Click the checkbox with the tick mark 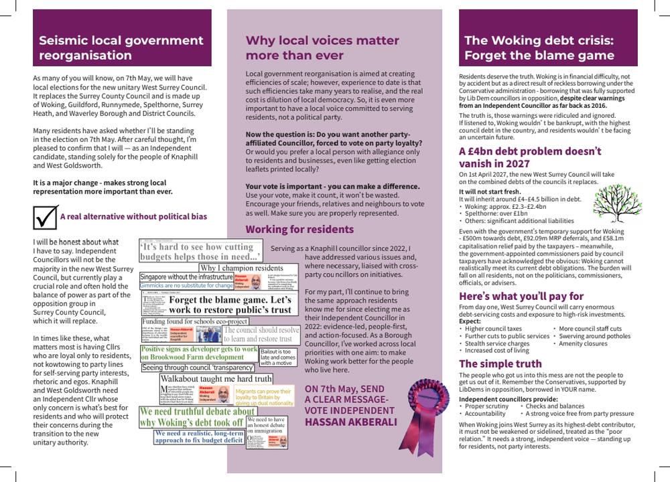(x=45, y=217)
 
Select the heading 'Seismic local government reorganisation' (x=112, y=48)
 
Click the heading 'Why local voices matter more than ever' (x=322, y=48)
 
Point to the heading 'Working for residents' (x=299, y=230)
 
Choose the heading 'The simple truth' (x=500, y=364)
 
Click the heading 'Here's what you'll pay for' (x=521, y=296)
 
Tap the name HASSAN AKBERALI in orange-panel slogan (x=350, y=422)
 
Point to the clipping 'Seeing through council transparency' (x=198, y=368)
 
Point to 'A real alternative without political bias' (x=133, y=217)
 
